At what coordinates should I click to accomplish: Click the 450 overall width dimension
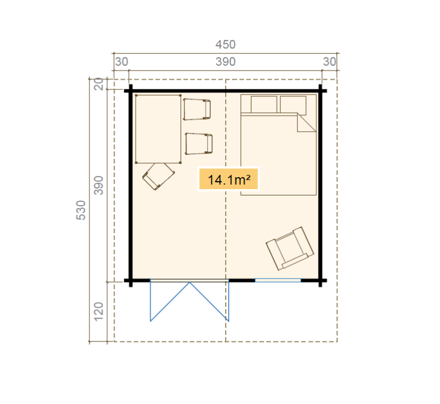coord(225,44)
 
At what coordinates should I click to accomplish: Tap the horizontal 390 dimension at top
coord(225,62)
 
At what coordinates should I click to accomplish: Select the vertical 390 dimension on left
coord(99,185)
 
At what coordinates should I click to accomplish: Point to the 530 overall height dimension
coord(81,210)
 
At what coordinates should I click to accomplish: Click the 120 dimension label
coord(99,312)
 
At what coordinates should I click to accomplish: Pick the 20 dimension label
coord(99,84)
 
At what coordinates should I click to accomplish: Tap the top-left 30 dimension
coord(121,62)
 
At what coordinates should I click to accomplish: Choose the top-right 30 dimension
coord(329,62)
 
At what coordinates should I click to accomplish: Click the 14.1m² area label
coord(229,179)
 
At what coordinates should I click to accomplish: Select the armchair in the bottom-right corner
coord(290,249)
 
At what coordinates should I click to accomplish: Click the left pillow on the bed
coord(264,104)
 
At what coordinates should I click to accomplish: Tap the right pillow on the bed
coord(293,104)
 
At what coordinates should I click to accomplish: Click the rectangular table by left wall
coord(158,129)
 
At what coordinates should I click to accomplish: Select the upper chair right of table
coord(197,109)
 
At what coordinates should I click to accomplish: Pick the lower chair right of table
coord(199,144)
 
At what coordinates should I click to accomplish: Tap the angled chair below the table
coord(158,176)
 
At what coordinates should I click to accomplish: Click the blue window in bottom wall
coord(278,280)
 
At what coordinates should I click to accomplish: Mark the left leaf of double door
coord(170,302)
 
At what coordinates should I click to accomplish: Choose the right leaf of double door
coord(209,302)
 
